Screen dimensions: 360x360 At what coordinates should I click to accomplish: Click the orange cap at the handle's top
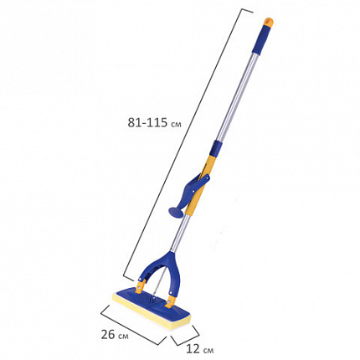click(x=269, y=23)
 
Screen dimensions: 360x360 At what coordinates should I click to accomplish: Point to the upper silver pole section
click(x=238, y=97)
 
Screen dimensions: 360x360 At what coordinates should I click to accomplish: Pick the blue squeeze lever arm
click(x=193, y=190)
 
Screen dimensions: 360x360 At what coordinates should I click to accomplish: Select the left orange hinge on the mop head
click(x=141, y=285)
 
